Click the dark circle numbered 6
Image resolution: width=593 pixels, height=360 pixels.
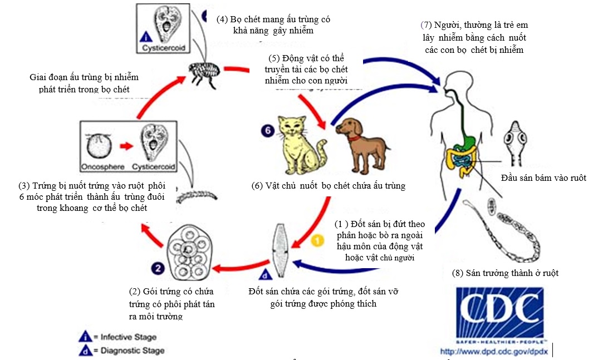267,131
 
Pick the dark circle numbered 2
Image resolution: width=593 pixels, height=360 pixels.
158,268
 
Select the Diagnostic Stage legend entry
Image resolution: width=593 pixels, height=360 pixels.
120,351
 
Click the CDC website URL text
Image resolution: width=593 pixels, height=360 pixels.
493,351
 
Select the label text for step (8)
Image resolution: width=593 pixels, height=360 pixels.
504,273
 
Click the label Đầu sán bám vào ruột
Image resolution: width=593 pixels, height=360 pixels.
543,178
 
